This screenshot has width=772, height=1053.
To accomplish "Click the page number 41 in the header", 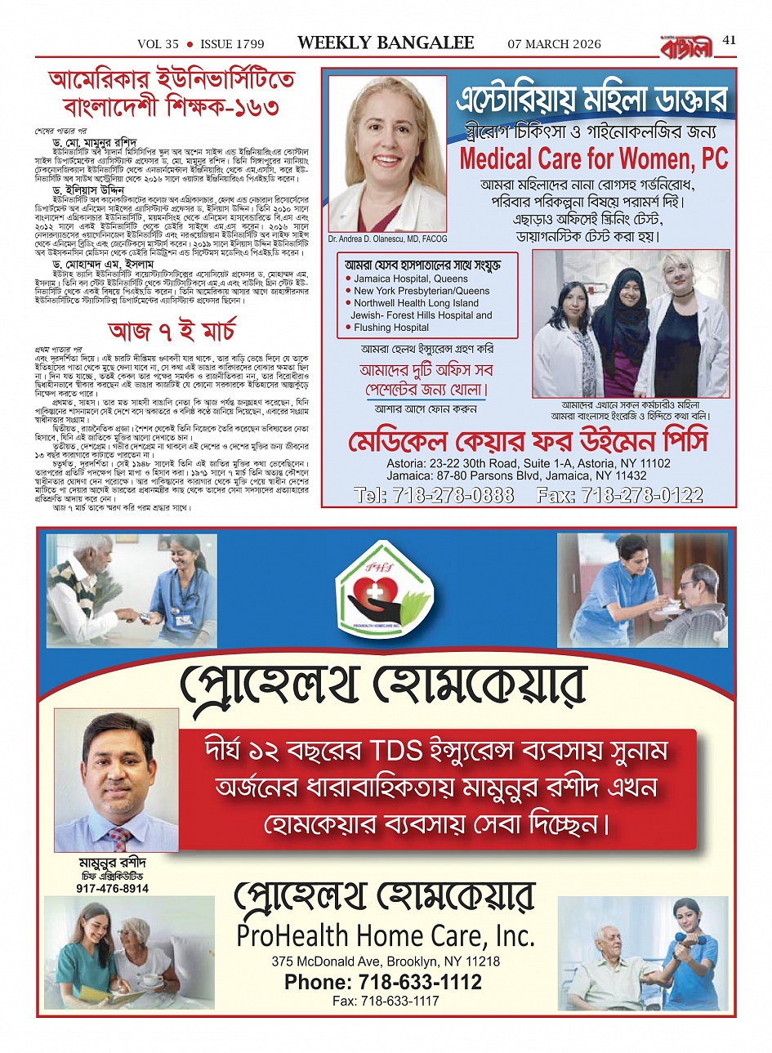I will point(729,40).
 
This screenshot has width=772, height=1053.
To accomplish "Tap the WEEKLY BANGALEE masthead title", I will point(386,43).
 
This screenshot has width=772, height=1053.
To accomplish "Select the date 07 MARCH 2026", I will point(554,44).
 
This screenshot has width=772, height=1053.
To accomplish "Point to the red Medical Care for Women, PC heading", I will point(593,158).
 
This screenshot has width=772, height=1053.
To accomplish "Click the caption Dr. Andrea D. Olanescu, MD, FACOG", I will point(387,239).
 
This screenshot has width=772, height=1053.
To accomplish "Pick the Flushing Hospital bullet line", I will point(390,328).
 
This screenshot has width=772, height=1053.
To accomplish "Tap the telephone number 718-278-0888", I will point(435,495).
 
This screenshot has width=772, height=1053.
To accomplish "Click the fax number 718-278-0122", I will point(620,495).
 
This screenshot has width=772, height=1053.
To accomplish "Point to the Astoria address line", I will point(529,463).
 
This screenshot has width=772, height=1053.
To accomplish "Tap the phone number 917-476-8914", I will point(113,888).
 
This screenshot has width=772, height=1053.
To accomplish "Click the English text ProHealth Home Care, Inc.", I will point(386,935).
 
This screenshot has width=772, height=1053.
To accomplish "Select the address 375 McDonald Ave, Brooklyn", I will point(386,962).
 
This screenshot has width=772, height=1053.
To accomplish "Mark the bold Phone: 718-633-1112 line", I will point(383,982).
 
